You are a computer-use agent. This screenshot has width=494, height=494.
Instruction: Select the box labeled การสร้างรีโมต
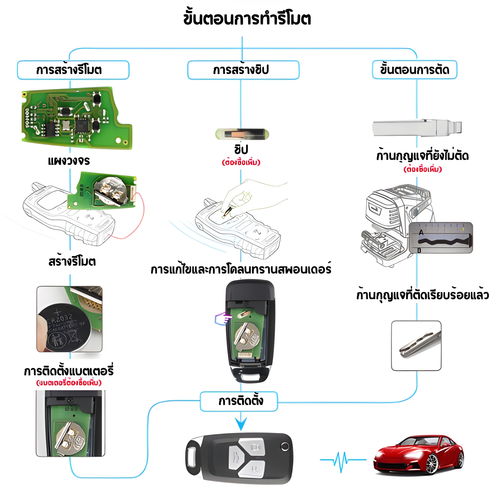(73, 70)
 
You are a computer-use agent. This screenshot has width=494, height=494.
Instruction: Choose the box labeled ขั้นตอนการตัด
(414, 70)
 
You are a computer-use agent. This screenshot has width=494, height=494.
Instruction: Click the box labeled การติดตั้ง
(239, 401)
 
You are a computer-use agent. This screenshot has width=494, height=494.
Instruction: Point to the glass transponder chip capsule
(242, 134)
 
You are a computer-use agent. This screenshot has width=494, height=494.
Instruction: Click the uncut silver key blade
(417, 127)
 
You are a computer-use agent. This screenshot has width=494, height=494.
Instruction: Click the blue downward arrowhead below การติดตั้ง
(241, 423)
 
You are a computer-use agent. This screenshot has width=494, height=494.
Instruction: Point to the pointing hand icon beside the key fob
(223, 319)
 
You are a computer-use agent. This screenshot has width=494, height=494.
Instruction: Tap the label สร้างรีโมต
(72, 262)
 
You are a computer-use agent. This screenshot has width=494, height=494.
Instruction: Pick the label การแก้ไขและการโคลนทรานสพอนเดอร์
(241, 269)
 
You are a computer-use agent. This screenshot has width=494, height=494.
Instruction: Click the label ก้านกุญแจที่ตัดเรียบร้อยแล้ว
(422, 295)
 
